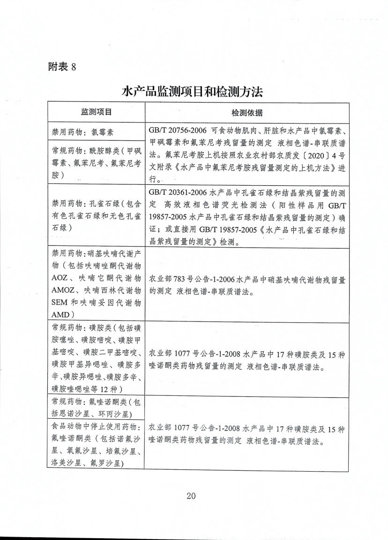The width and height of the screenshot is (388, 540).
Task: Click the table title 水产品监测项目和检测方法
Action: pyautogui.click(x=192, y=91)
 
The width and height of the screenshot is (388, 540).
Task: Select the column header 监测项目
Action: pyautogui.click(x=96, y=113)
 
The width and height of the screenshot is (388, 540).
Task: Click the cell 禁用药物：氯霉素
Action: pyautogui.click(x=79, y=132)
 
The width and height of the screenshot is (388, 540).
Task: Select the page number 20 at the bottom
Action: pyautogui.click(x=191, y=496)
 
